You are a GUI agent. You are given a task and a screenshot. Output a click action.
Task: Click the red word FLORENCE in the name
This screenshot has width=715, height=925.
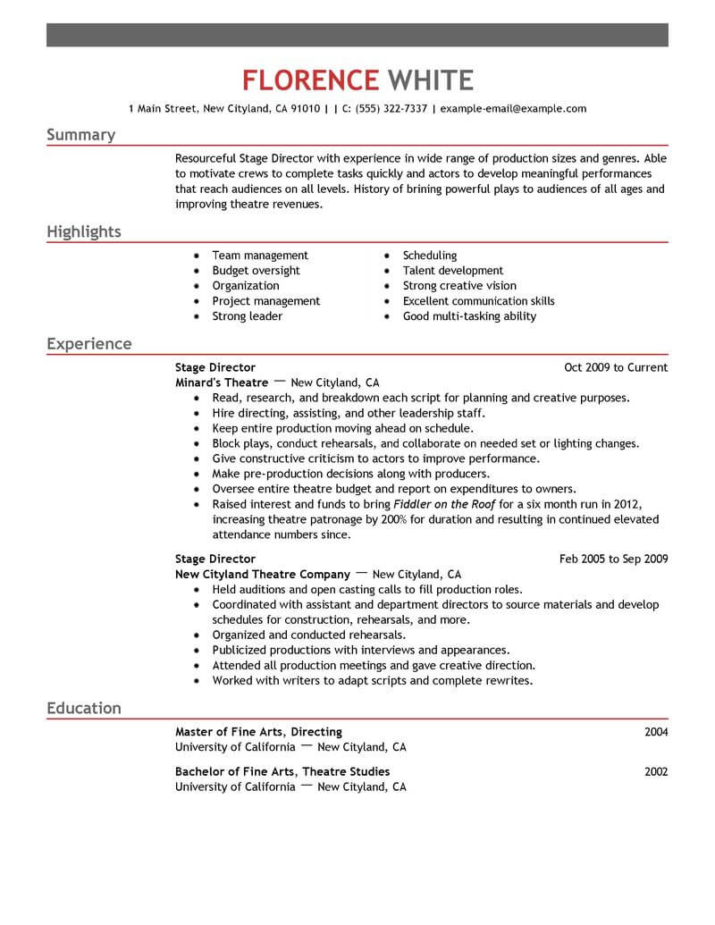[309, 80]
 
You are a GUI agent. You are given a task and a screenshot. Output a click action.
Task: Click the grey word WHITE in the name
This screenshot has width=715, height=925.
[430, 80]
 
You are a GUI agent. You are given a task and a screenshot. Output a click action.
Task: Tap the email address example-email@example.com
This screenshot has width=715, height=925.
[513, 109]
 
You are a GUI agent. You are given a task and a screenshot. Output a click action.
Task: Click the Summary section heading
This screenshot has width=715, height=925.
[80, 135]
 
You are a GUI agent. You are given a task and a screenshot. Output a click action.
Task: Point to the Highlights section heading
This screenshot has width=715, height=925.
[83, 232]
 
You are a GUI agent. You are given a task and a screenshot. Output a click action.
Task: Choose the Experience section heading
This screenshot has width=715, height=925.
[88, 344]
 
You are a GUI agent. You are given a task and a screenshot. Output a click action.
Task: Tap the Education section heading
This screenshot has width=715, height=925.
[83, 709]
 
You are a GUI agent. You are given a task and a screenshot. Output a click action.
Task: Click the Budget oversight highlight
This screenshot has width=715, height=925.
[256, 271]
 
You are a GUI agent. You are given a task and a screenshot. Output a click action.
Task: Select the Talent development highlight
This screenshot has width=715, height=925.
[452, 271]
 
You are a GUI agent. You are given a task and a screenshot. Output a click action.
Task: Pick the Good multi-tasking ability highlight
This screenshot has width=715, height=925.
[469, 316]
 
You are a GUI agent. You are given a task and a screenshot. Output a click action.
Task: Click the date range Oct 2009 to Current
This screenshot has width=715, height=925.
[616, 367]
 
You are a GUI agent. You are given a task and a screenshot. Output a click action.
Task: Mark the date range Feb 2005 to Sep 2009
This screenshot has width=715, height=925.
[613, 559]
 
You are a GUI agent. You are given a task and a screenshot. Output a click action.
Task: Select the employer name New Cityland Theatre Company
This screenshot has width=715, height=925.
[262, 575]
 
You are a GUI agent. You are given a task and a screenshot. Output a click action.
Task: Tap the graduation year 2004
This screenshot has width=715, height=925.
[656, 732]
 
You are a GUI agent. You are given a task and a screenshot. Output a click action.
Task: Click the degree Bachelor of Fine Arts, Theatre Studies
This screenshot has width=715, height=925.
[282, 771]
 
